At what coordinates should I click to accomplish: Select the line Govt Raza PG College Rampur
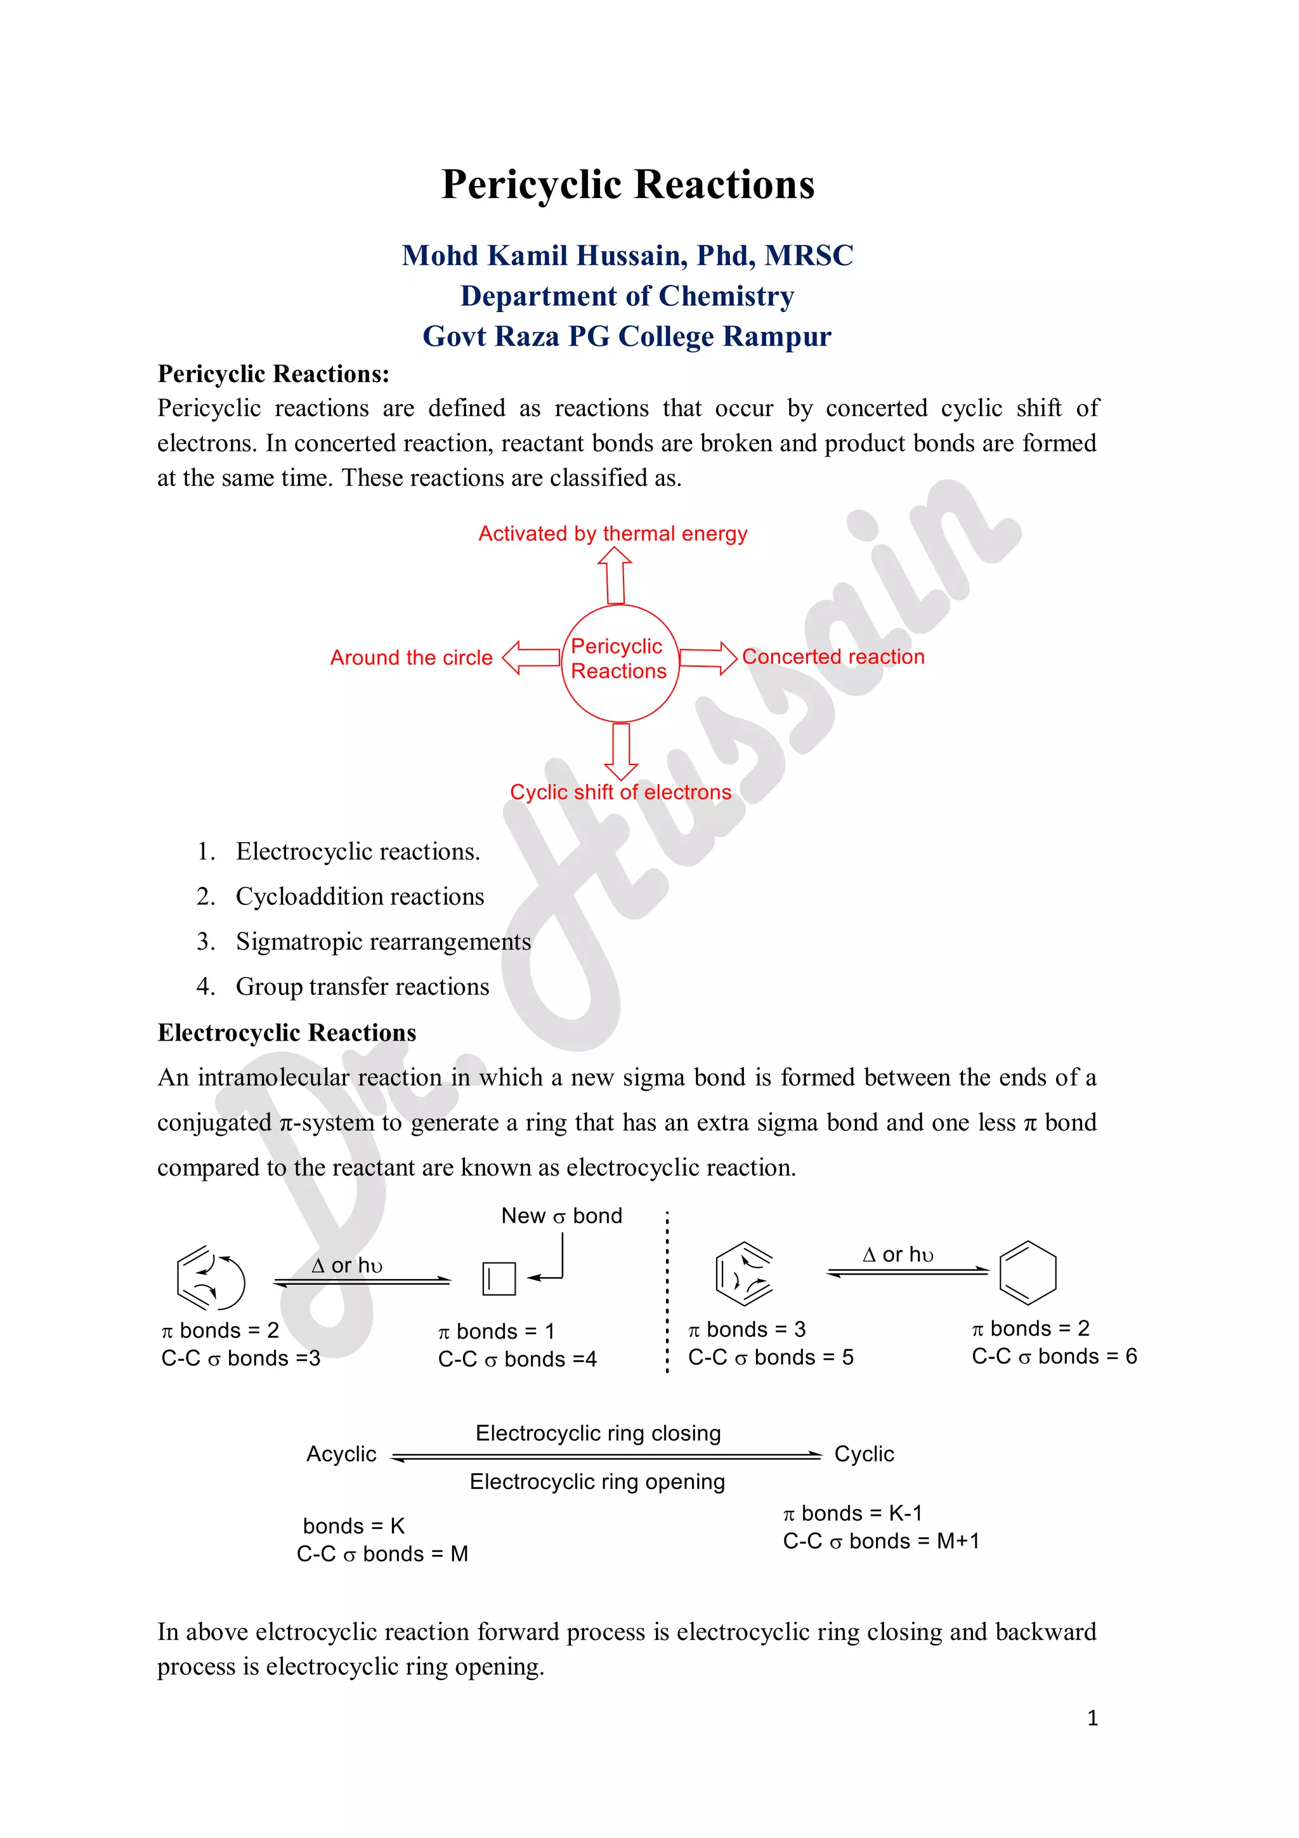[627, 336]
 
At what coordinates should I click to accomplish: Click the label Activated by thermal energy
[612, 534]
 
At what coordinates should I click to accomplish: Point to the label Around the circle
[412, 658]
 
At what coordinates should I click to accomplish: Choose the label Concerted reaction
[833, 657]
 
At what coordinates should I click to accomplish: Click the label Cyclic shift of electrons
[620, 792]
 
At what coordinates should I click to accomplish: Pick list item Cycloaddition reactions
[360, 896]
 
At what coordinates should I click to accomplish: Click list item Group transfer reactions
[362, 987]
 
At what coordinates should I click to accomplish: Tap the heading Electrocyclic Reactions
[287, 1033]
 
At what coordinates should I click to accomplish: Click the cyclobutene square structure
[499, 1278]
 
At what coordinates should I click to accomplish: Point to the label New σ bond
[561, 1216]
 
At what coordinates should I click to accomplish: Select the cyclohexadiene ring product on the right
[1028, 1273]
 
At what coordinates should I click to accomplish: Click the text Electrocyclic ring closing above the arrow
[598, 1433]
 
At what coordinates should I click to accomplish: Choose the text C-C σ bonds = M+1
[880, 1541]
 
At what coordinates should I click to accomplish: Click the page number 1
[1092, 1718]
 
